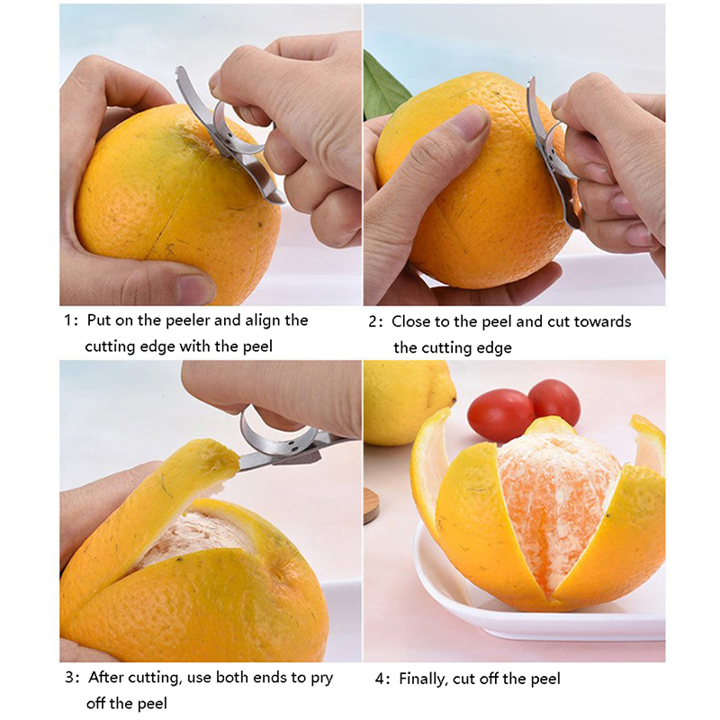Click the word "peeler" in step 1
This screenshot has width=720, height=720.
tap(187, 320)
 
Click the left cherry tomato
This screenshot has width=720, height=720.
tap(500, 415)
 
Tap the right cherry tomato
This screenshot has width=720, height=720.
tap(553, 401)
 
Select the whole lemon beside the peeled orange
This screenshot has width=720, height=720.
tap(407, 402)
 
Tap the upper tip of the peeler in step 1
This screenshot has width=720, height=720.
tap(179, 70)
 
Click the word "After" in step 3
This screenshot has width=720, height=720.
tap(106, 678)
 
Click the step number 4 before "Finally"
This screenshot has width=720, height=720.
tap(381, 679)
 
